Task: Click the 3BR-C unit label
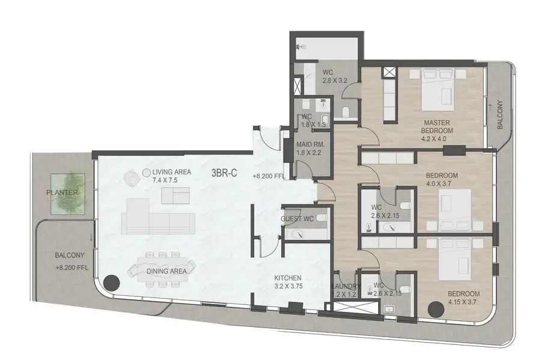[x=224, y=172]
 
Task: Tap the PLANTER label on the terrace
[x=62, y=192]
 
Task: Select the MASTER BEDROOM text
[x=437, y=127]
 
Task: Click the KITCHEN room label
[x=288, y=278]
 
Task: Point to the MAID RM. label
[x=311, y=145]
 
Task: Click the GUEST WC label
[x=297, y=219]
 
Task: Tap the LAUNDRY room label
[x=346, y=286]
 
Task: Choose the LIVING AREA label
[x=172, y=172]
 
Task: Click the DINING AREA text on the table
[x=166, y=272]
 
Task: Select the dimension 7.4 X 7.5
[x=165, y=180]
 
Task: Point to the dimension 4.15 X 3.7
[x=462, y=302]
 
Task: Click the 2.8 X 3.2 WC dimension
[x=335, y=81]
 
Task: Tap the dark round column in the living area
[x=112, y=283]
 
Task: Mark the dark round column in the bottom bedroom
[x=436, y=309]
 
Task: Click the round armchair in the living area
[x=132, y=178]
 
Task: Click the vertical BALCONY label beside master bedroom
[x=500, y=115]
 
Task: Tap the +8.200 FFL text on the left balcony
[x=72, y=268]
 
